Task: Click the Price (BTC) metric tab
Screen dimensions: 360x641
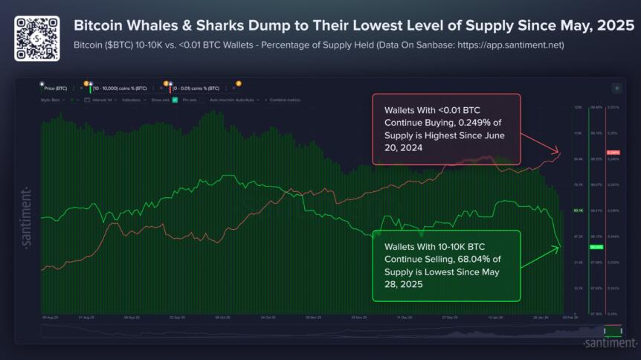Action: coord(56,88)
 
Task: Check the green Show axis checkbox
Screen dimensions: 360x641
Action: coord(174,99)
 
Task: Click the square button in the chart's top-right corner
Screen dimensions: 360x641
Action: coord(616,87)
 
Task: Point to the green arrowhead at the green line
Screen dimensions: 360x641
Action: coord(558,247)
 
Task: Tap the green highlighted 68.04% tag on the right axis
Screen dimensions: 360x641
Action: coord(595,247)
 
